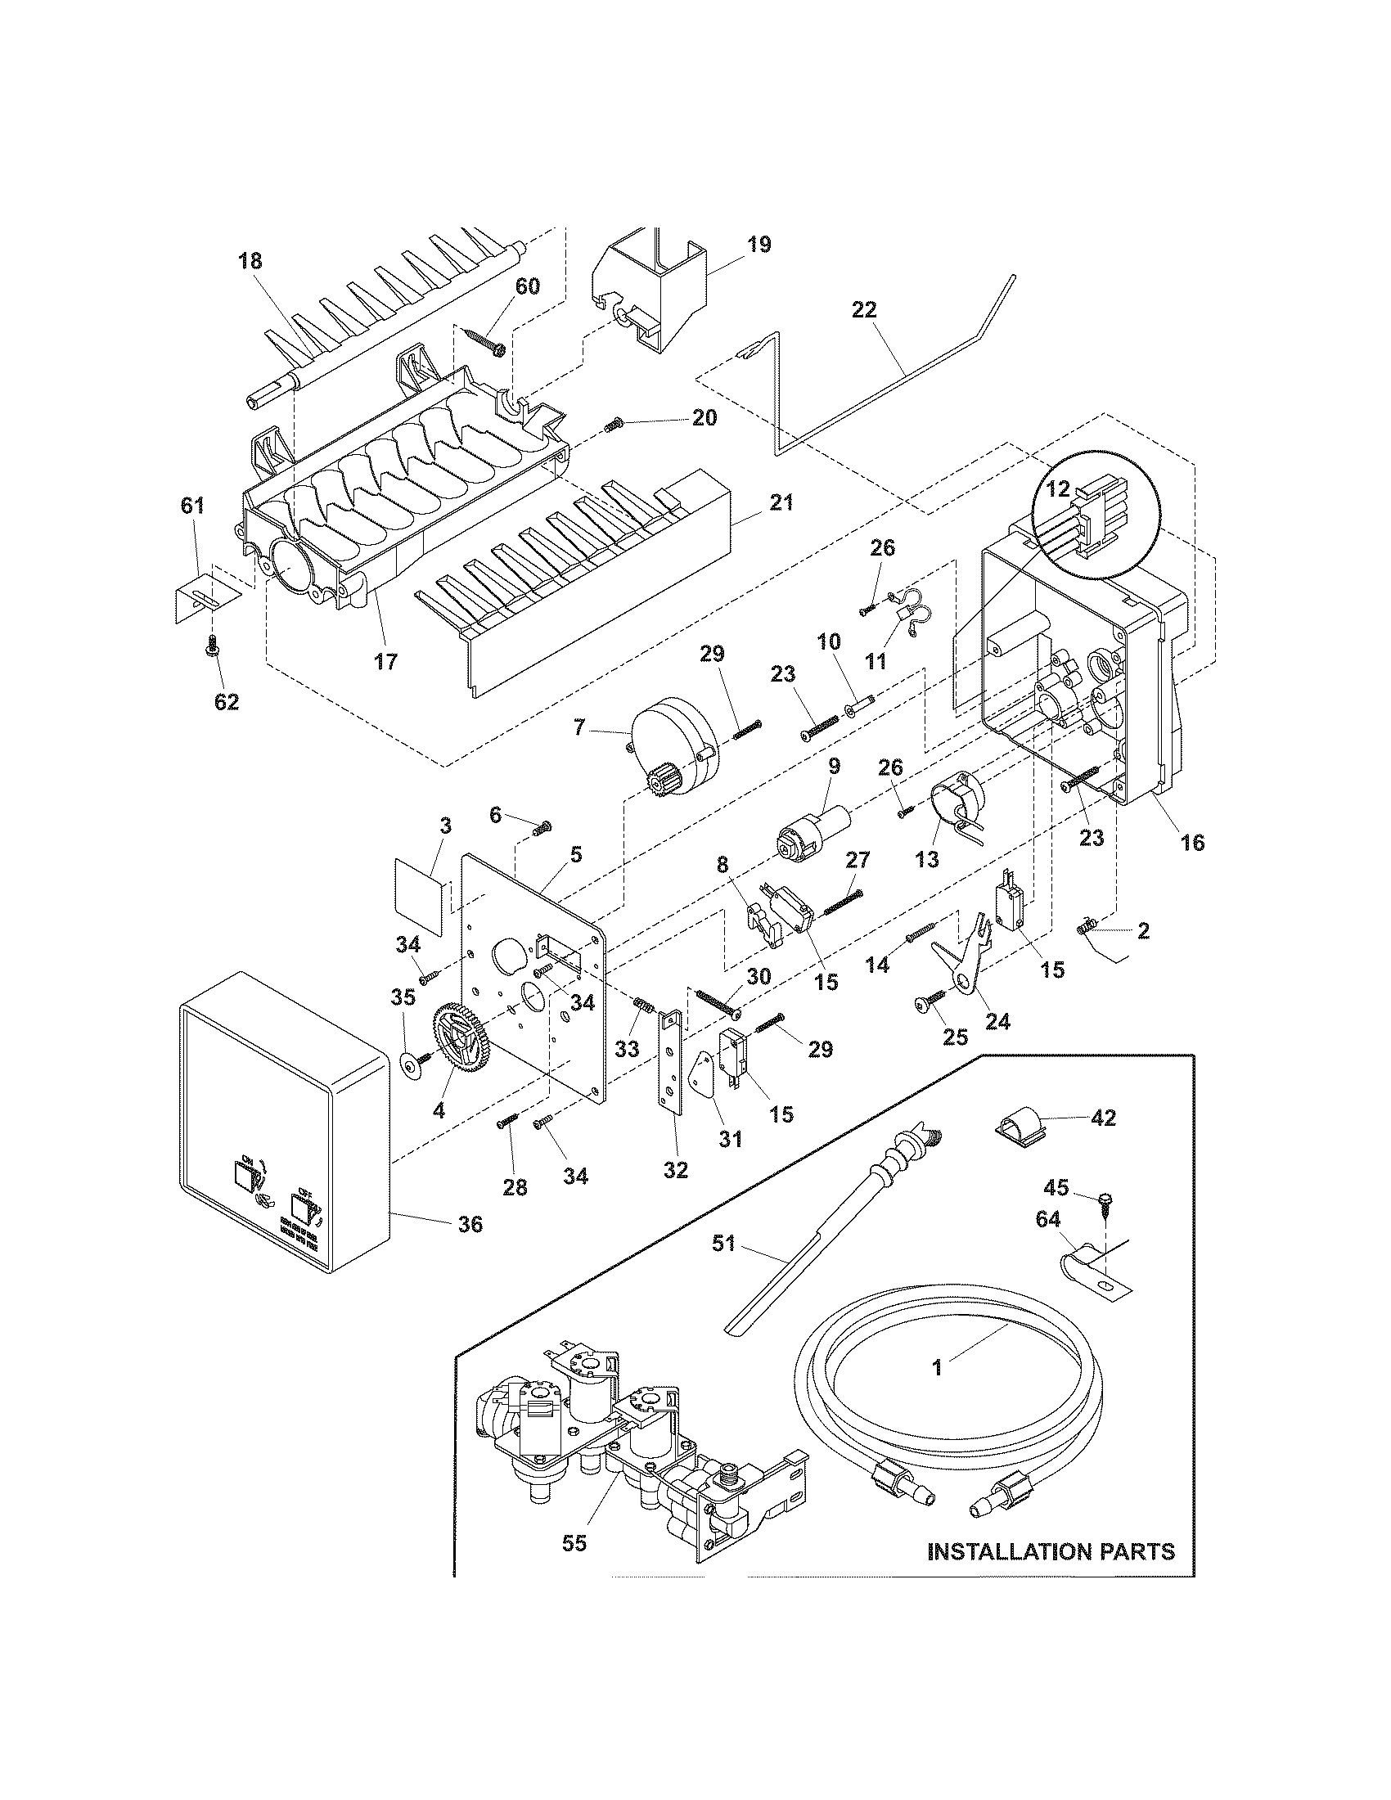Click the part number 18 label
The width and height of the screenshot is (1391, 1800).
(250, 261)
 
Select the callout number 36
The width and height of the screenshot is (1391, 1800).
(470, 1247)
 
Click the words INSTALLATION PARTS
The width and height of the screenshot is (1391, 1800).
(1051, 1551)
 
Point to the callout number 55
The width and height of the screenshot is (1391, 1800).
(574, 1542)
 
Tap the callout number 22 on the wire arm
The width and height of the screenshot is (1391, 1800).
(865, 310)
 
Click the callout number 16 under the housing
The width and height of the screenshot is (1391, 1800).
(1192, 842)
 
